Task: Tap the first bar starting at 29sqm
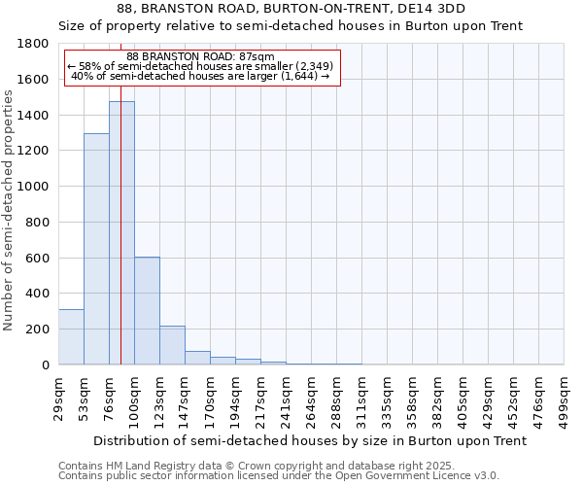click(x=71, y=336)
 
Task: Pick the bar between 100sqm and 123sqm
click(x=147, y=311)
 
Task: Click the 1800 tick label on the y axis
click(x=34, y=44)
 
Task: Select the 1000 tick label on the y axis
click(x=34, y=187)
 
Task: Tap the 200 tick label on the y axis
click(x=39, y=330)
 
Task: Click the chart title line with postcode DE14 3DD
click(x=291, y=9)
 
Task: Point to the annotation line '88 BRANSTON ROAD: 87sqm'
click(x=201, y=57)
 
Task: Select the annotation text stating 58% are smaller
click(x=201, y=66)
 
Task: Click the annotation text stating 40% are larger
click(x=201, y=76)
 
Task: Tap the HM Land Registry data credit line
click(x=272, y=467)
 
